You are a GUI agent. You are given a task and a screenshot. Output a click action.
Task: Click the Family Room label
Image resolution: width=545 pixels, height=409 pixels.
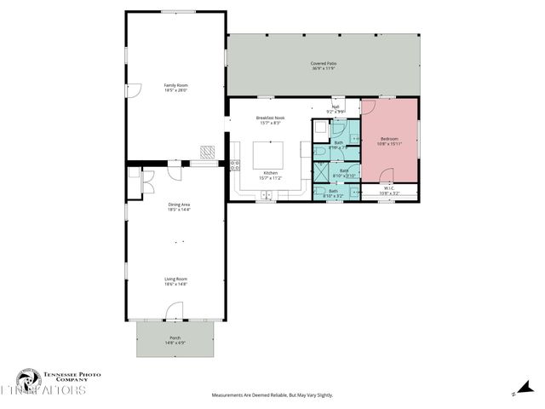(x=175, y=87)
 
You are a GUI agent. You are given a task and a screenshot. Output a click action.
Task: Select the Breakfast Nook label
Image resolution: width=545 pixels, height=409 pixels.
(x=271, y=120)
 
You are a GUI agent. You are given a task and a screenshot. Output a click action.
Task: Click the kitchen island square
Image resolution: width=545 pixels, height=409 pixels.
(x=270, y=157)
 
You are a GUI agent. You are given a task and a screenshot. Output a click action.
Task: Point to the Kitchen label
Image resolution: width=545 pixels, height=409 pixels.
(x=270, y=176)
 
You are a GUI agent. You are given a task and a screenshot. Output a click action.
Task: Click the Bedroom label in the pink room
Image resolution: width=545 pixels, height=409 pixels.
(x=389, y=141)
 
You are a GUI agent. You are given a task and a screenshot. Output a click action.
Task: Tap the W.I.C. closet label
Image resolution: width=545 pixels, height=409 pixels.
(x=388, y=191)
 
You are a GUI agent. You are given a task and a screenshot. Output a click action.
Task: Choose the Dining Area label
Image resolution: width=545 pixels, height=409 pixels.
(x=178, y=207)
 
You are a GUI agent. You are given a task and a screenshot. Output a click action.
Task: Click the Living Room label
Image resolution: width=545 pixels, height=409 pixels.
(x=175, y=281)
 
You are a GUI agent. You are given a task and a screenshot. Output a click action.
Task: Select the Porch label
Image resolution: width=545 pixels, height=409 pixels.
(x=175, y=341)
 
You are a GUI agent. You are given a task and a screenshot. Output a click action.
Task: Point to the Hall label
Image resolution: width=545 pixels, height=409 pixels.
(x=336, y=108)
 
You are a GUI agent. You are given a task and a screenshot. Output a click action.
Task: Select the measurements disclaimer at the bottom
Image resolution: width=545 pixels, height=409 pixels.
(x=272, y=395)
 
